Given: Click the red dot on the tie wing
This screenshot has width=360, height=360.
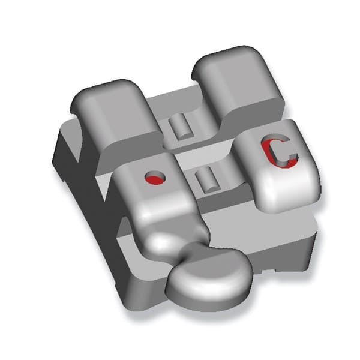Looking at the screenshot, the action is coord(155,178).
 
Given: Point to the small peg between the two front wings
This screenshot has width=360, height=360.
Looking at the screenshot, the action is coord(206,179).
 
